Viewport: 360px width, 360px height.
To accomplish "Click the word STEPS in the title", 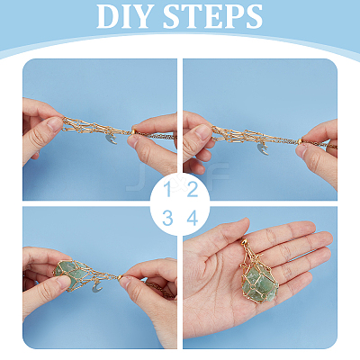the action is point(213,16).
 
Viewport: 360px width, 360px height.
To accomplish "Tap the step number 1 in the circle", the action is point(168,189).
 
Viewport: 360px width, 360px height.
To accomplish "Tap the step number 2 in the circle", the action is point(193,189).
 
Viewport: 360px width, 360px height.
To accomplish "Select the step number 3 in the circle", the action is point(168,218).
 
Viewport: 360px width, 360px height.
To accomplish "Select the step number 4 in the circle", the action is point(193,218).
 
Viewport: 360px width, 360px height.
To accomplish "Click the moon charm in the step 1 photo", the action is point(111,139).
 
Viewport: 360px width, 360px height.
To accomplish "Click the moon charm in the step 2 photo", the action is point(263,149).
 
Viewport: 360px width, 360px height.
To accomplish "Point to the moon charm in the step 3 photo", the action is point(97,287).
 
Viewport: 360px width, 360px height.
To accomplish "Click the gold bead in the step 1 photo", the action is point(134,131).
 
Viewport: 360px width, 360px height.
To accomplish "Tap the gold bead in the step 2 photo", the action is point(301,141).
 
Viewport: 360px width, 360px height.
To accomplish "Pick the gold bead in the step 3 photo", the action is point(120,277).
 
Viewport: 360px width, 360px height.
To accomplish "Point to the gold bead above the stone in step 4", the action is point(244,241).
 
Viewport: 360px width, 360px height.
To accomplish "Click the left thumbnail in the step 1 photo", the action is point(55,124).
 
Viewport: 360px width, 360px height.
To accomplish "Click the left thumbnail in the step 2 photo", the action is point(204,132).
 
